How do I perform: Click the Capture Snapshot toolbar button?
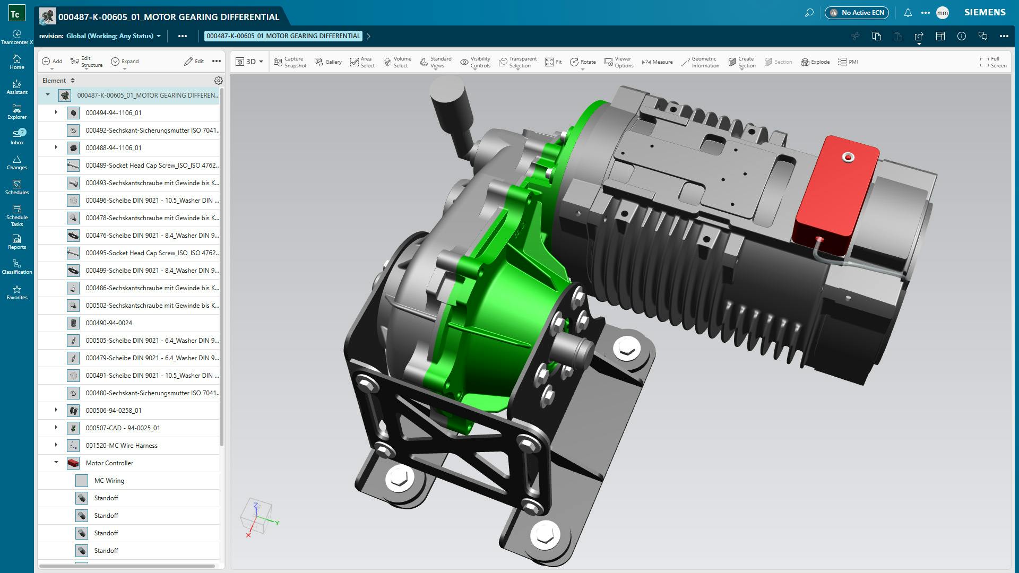[290, 62]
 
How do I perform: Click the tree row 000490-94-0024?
[109, 323]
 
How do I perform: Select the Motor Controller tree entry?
[109, 463]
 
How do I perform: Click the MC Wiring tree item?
[109, 480]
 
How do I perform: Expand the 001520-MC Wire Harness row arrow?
[56, 445]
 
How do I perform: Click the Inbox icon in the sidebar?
[17, 136]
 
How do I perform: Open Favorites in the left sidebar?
[17, 292]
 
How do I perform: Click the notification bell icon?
[908, 13]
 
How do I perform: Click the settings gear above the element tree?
[218, 81]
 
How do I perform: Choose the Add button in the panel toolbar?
[52, 62]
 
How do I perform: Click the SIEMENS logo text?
[985, 13]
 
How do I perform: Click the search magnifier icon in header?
[809, 13]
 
